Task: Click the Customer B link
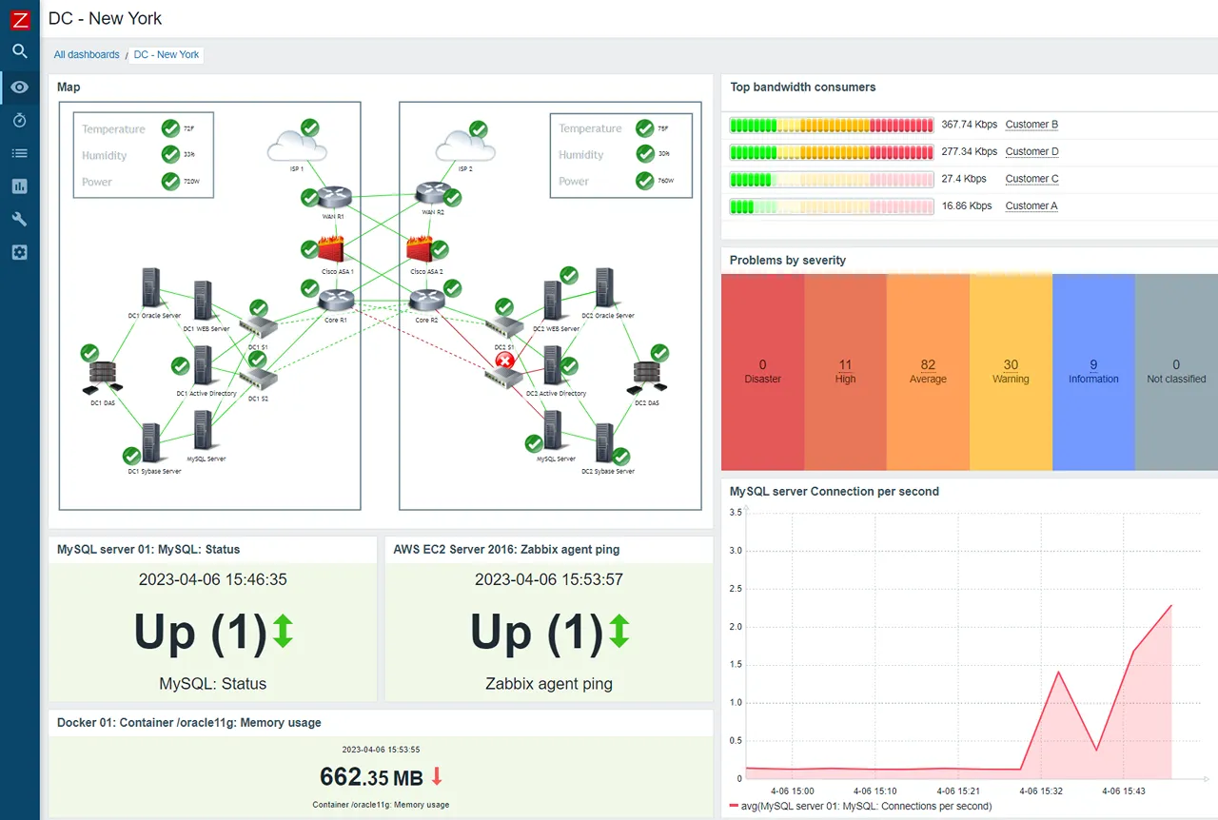click(x=1031, y=125)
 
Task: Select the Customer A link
click(x=1031, y=206)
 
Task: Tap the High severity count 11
click(x=845, y=365)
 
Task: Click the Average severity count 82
click(x=928, y=365)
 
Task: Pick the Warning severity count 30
click(x=1011, y=365)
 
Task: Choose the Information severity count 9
click(x=1093, y=365)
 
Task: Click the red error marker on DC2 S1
click(x=504, y=361)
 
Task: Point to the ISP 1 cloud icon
click(x=297, y=147)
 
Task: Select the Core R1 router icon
click(x=335, y=301)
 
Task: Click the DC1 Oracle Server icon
click(x=150, y=287)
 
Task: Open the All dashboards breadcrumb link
click(x=87, y=55)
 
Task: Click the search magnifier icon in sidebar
click(x=19, y=51)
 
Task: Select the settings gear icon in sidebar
click(x=19, y=252)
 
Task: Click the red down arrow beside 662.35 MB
click(x=437, y=776)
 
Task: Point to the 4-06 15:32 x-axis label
click(x=1042, y=791)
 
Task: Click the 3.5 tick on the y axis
click(x=735, y=513)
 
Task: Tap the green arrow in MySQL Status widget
click(x=283, y=632)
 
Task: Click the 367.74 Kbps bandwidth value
click(x=969, y=125)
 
